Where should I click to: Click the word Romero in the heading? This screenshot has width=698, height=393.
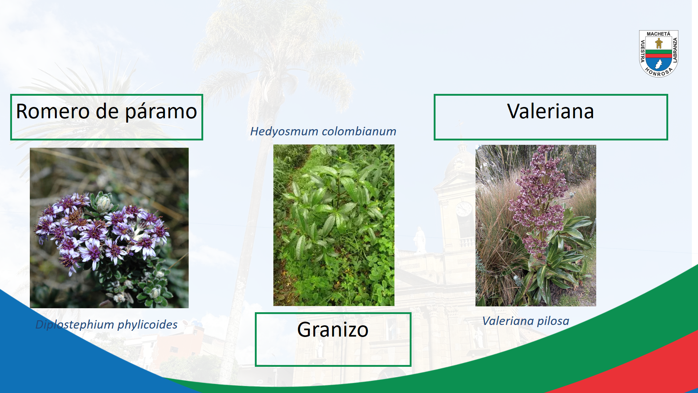pyautogui.click(x=53, y=111)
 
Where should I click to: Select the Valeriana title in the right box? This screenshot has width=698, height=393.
pyautogui.click(x=550, y=111)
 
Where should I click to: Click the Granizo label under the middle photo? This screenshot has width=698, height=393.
pyautogui.click(x=333, y=330)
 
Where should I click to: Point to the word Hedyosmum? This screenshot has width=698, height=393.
pyautogui.click(x=284, y=132)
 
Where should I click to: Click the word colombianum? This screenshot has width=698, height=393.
pyautogui.click(x=358, y=131)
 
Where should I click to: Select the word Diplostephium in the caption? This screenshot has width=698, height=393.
pyautogui.click(x=75, y=325)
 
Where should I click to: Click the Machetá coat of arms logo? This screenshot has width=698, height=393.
pyautogui.click(x=658, y=53)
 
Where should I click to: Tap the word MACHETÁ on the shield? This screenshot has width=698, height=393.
pyautogui.click(x=658, y=34)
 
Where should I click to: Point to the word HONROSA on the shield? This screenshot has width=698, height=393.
pyautogui.click(x=658, y=72)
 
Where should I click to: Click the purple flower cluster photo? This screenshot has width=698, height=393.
pyautogui.click(x=109, y=228)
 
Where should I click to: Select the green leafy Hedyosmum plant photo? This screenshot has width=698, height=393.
pyautogui.click(x=334, y=225)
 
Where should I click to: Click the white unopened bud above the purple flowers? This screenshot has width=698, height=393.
pyautogui.click(x=104, y=202)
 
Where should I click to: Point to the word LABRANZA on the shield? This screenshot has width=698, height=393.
pyautogui.click(x=675, y=50)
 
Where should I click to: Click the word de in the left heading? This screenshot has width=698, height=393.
pyautogui.click(x=107, y=111)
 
